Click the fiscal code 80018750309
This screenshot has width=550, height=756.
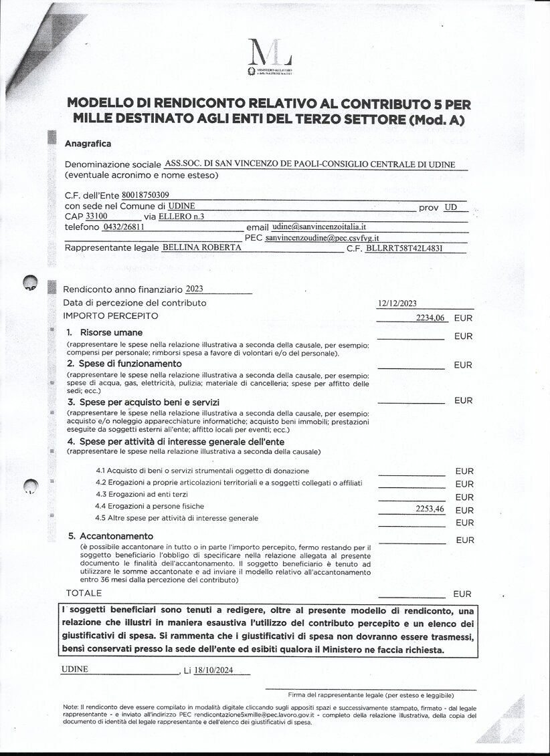click(150, 195)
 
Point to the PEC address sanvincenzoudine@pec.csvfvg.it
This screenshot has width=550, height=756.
click(322, 237)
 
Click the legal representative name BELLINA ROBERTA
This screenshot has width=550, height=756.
click(202, 247)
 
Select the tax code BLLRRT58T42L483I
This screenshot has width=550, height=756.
click(405, 248)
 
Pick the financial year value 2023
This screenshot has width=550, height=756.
click(194, 289)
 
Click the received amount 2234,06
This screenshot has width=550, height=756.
click(430, 318)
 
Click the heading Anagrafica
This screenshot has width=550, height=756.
click(88, 143)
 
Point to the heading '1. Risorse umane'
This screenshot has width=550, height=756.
click(104, 332)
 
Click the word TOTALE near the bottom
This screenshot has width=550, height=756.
click(84, 593)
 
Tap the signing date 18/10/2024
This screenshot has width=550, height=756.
click(211, 670)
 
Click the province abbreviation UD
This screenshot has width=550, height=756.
click(450, 207)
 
